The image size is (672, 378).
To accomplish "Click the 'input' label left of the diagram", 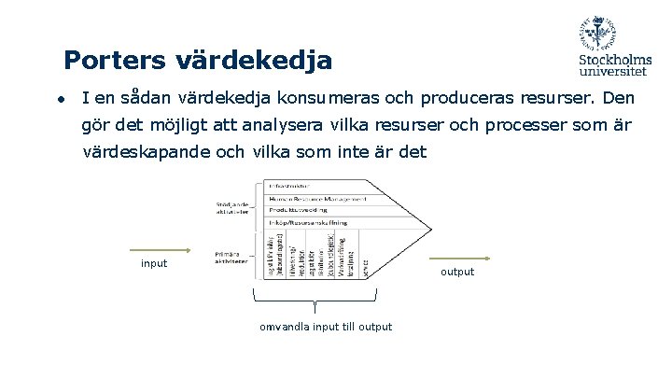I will [x=154, y=263].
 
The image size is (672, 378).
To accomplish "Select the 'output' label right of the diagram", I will [x=457, y=272].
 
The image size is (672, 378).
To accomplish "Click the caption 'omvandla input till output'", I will [x=326, y=327].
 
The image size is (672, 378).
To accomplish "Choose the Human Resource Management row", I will [x=315, y=199].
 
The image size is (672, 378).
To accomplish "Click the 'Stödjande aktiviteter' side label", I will [x=231, y=207].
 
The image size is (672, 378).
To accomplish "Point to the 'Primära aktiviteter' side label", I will [x=231, y=258].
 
